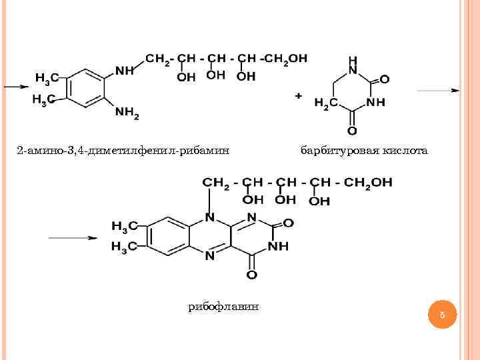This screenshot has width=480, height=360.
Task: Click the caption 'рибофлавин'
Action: point(223,306)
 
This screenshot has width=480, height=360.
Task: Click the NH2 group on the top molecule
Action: point(127,114)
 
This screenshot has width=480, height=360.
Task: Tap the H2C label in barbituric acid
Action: point(325,104)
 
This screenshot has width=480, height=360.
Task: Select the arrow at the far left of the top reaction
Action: point(15,87)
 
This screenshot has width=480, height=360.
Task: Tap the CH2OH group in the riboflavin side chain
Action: point(369,182)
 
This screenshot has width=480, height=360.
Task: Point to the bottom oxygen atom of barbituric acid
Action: point(352,130)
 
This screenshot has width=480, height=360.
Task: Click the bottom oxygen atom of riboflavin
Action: point(251,274)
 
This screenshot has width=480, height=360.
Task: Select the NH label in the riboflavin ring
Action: point(278,246)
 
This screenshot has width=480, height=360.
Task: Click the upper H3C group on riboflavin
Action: point(124,227)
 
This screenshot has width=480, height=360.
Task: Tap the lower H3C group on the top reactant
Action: point(43,100)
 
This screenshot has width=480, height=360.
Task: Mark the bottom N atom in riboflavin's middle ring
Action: point(209,255)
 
